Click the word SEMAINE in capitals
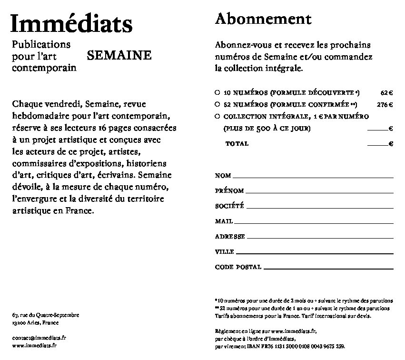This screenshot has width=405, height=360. click(119, 56)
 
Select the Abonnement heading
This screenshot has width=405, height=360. click(263, 19)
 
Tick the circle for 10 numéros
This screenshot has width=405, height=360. click(217, 92)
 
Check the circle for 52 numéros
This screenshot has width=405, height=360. click(217, 104)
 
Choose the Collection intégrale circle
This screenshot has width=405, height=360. click(217, 116)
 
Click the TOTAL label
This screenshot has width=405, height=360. click(237, 143)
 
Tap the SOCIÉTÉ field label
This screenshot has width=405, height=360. click(229, 206)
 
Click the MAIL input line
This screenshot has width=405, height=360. click(315, 222)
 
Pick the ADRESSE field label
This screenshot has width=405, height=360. click(230, 237)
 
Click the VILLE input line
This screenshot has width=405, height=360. click(315, 252)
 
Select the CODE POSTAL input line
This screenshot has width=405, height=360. click(328, 268)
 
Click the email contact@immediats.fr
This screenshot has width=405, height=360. click(39, 337)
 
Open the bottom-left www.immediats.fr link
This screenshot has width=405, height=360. click(34, 346)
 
